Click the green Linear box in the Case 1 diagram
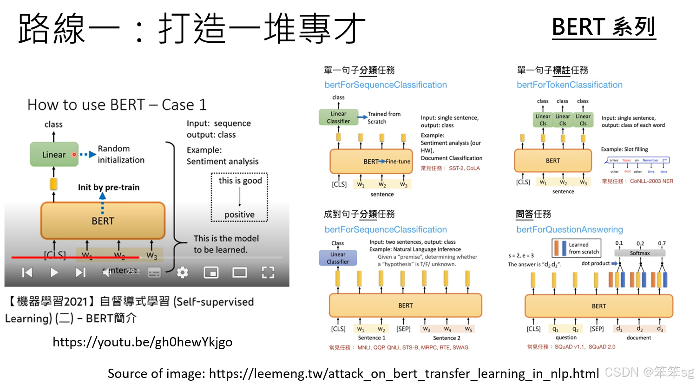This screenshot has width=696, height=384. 54,155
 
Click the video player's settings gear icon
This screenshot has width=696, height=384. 183,273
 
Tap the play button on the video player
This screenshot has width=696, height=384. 54,273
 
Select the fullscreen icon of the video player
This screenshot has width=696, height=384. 268,273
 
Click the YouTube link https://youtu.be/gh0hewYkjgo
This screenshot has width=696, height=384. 142,342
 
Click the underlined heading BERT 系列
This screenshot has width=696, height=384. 604,27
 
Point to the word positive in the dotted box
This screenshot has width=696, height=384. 239,215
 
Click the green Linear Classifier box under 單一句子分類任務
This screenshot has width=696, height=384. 338,117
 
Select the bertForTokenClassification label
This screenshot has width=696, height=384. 570,85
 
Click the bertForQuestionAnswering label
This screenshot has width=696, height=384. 570,229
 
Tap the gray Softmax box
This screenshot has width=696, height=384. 640,253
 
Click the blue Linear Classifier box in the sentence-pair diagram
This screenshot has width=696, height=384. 338,258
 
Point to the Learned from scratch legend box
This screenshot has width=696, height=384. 577,248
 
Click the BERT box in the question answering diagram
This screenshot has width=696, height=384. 598,306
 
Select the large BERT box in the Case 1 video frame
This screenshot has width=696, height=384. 103,221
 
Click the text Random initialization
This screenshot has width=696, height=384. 121,154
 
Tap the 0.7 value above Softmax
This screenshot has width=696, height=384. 662,243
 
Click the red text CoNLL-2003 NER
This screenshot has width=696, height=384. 651,181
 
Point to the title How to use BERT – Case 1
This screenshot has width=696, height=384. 117,105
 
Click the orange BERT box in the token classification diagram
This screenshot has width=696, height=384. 553,161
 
